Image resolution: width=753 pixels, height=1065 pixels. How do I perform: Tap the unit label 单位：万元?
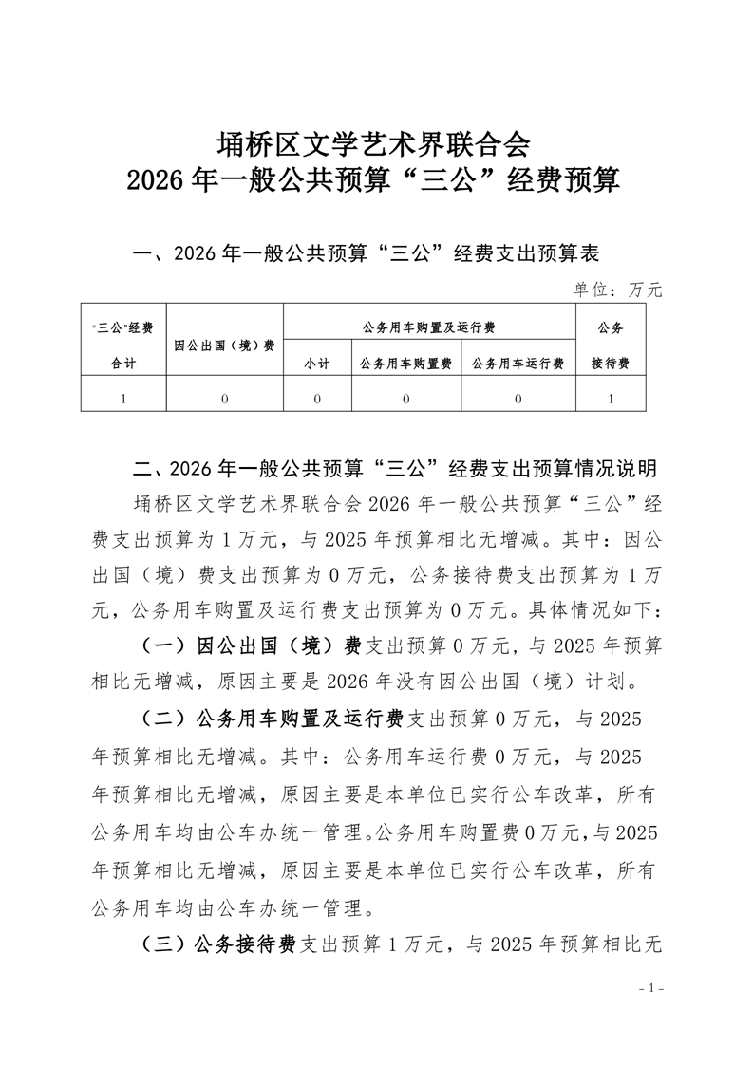pyautogui.click(x=617, y=290)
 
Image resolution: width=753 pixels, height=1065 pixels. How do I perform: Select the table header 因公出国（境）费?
pyautogui.click(x=225, y=345)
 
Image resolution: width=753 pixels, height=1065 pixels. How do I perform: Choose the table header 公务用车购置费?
pyautogui.click(x=405, y=364)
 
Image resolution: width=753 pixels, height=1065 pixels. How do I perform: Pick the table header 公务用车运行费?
pyautogui.click(x=518, y=364)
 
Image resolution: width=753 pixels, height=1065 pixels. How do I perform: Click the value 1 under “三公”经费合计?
pyautogui.click(x=123, y=399)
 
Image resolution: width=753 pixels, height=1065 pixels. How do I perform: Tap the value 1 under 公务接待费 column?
pyautogui.click(x=610, y=399)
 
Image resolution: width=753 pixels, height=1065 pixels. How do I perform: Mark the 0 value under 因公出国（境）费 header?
pyautogui.click(x=225, y=399)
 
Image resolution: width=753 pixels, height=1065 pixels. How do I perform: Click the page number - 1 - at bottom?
pyautogui.click(x=650, y=988)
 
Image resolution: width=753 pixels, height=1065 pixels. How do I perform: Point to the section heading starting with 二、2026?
pyautogui.click(x=396, y=469)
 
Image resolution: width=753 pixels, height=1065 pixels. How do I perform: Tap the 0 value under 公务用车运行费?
pyautogui.click(x=518, y=399)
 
